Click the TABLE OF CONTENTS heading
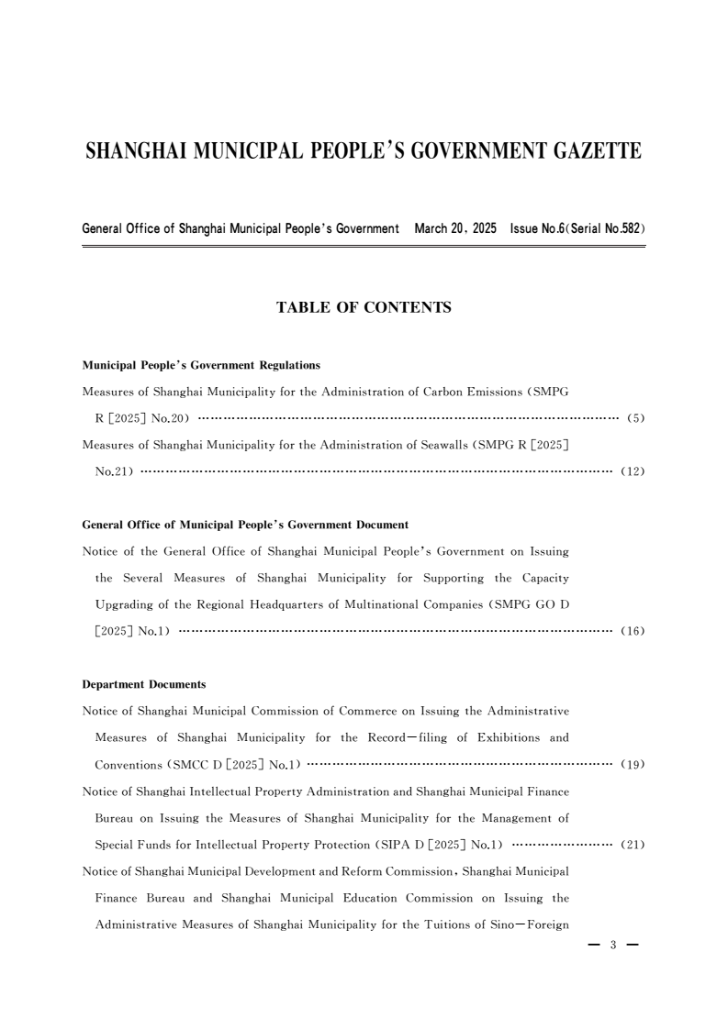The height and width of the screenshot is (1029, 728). pyautogui.click(x=364, y=308)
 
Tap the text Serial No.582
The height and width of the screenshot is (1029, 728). pyautogui.click(x=605, y=227)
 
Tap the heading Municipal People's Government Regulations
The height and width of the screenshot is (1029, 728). pyautogui.click(x=201, y=365)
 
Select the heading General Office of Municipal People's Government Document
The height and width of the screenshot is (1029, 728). pyautogui.click(x=245, y=525)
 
